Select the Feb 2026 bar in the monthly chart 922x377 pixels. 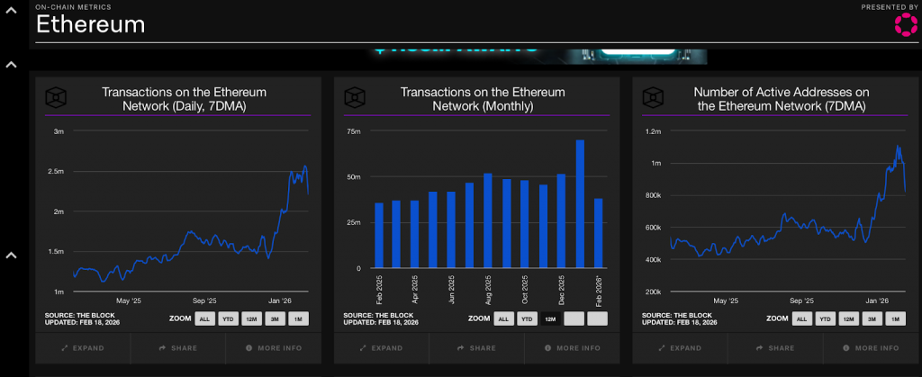click(598, 233)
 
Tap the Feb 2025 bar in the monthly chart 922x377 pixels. click(379, 235)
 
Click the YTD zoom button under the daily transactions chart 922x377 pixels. click(230, 319)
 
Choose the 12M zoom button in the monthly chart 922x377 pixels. click(550, 319)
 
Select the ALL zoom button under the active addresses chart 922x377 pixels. click(801, 319)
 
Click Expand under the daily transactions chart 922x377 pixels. click(83, 348)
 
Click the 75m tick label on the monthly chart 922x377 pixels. click(354, 131)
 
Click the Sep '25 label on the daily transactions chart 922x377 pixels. click(204, 301)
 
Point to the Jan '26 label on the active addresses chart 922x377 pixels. click(877, 301)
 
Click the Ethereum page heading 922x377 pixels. click(90, 24)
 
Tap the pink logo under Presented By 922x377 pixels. click(905, 24)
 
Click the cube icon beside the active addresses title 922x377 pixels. click(655, 98)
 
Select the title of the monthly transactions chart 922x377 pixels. click(483, 99)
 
